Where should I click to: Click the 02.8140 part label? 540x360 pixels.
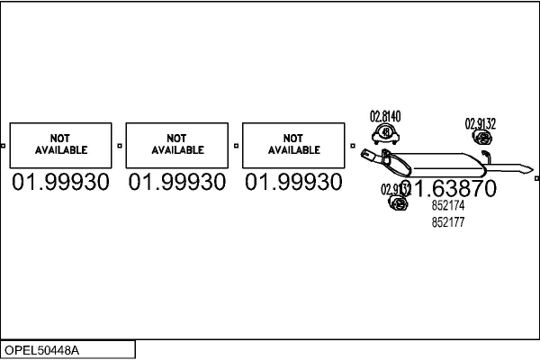pyautogui.click(x=385, y=116)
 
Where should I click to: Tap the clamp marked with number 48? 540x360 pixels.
pyautogui.click(x=385, y=135)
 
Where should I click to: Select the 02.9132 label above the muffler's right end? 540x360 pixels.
pyautogui.click(x=480, y=123)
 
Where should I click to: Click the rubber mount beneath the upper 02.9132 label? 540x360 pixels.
pyautogui.click(x=481, y=139)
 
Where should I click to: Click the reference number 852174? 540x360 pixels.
pyautogui.click(x=448, y=206)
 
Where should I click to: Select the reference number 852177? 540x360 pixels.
pyautogui.click(x=448, y=221)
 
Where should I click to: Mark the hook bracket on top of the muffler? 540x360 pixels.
pyautogui.click(x=484, y=157)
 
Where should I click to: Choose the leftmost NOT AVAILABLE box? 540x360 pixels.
pyautogui.click(x=60, y=144)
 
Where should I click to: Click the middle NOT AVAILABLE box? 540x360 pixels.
pyautogui.click(x=177, y=144)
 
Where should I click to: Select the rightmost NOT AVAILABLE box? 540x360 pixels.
pyautogui.click(x=294, y=144)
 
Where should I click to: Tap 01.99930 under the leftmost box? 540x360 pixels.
pyautogui.click(x=60, y=184)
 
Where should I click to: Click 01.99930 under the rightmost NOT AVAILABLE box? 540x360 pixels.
pyautogui.click(x=294, y=184)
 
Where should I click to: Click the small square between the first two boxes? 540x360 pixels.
pyautogui.click(x=120, y=144)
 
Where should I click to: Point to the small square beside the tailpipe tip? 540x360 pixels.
pyautogui.click(x=536, y=178)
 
